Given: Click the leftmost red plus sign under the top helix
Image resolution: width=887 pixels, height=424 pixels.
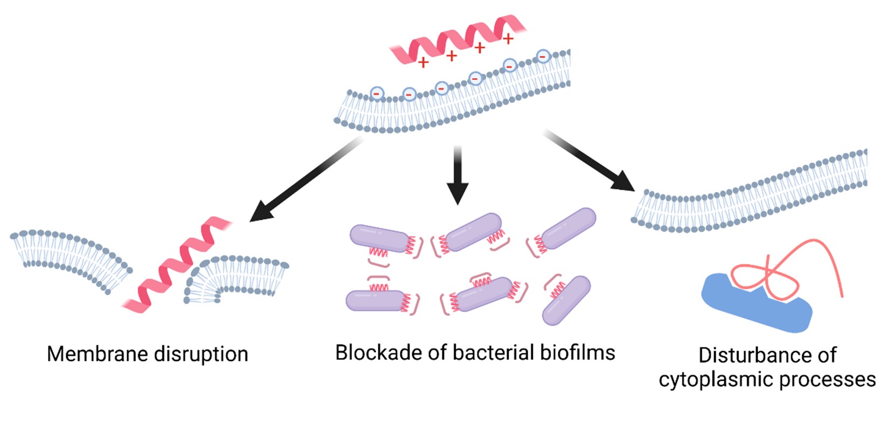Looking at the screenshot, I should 424,62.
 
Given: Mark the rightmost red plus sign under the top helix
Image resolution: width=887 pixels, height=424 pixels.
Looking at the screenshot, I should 508,39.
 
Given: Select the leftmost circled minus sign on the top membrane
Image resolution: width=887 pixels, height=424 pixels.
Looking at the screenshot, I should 376,93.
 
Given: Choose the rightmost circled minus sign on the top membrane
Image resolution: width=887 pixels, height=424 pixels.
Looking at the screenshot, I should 543,56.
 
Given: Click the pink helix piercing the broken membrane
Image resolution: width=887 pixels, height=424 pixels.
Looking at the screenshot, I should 175,267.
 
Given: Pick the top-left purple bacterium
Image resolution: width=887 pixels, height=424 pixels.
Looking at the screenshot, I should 378,238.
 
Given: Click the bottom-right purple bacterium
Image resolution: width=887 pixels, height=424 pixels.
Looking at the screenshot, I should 566,300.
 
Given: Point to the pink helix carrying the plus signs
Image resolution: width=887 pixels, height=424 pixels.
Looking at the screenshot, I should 458,40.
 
